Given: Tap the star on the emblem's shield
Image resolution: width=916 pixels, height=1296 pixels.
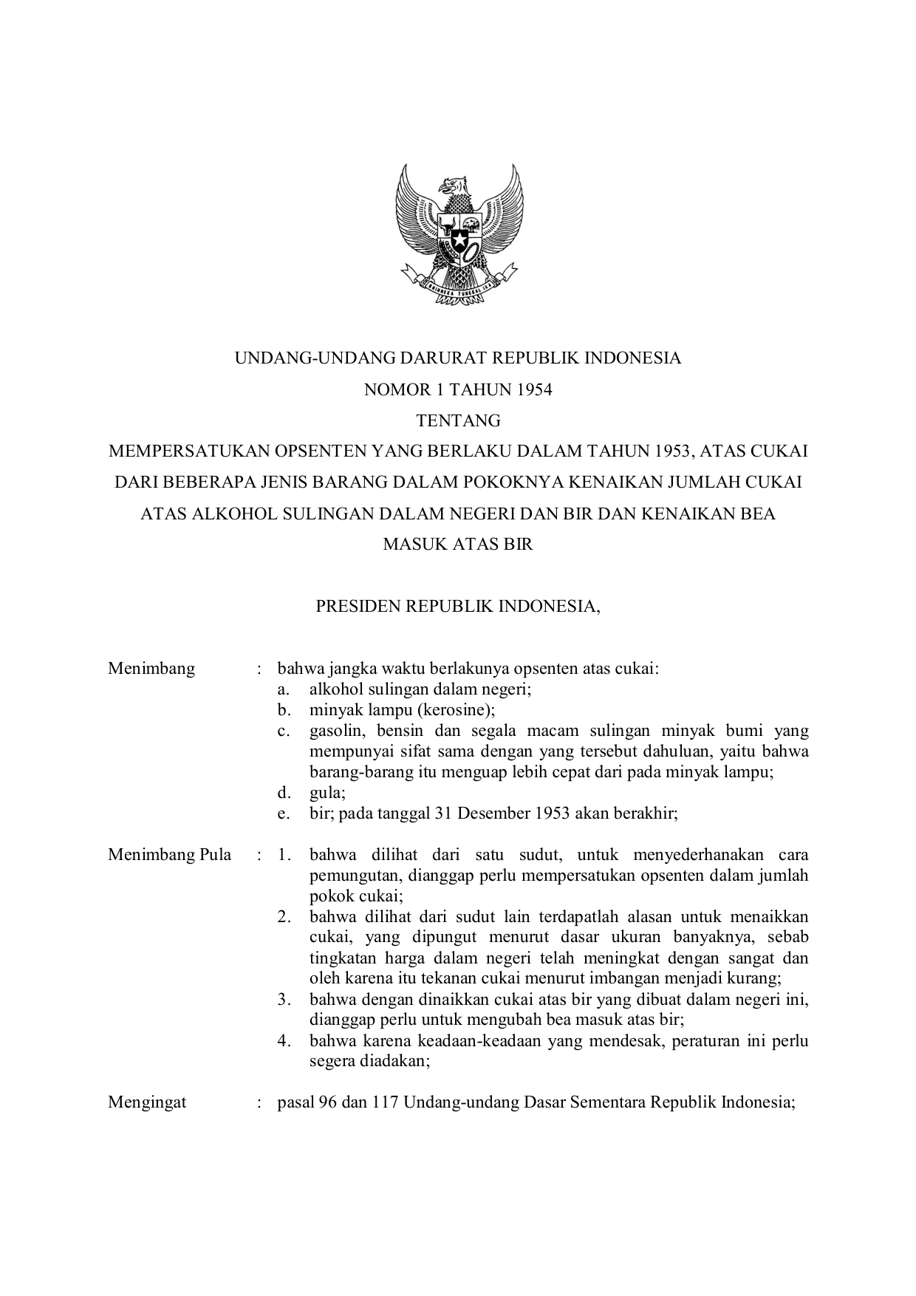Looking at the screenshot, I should point(458,239).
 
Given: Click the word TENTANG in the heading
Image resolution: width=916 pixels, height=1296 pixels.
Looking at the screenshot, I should point(458,420).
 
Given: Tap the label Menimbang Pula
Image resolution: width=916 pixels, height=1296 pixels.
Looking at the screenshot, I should point(169,855).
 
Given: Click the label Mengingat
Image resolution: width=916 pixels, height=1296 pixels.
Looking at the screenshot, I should point(147,1102).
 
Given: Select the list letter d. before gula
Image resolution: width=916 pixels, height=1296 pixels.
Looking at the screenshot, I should point(283,793).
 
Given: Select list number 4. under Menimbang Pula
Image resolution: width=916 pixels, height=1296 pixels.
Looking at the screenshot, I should point(284,1041).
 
